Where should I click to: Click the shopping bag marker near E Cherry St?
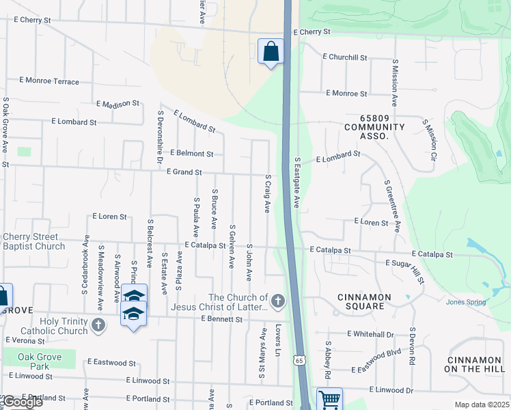(271, 51)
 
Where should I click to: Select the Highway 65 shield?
(300, 359)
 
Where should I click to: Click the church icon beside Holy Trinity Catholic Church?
(98, 324)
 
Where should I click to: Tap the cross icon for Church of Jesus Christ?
(277, 300)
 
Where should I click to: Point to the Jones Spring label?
(466, 302)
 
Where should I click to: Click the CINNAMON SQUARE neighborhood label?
(365, 301)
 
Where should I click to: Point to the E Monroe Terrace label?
(49, 81)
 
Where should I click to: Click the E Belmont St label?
(191, 154)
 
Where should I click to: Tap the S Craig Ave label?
(268, 193)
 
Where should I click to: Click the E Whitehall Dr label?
(370, 334)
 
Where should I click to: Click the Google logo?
(22, 402)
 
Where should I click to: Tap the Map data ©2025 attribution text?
(481, 405)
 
